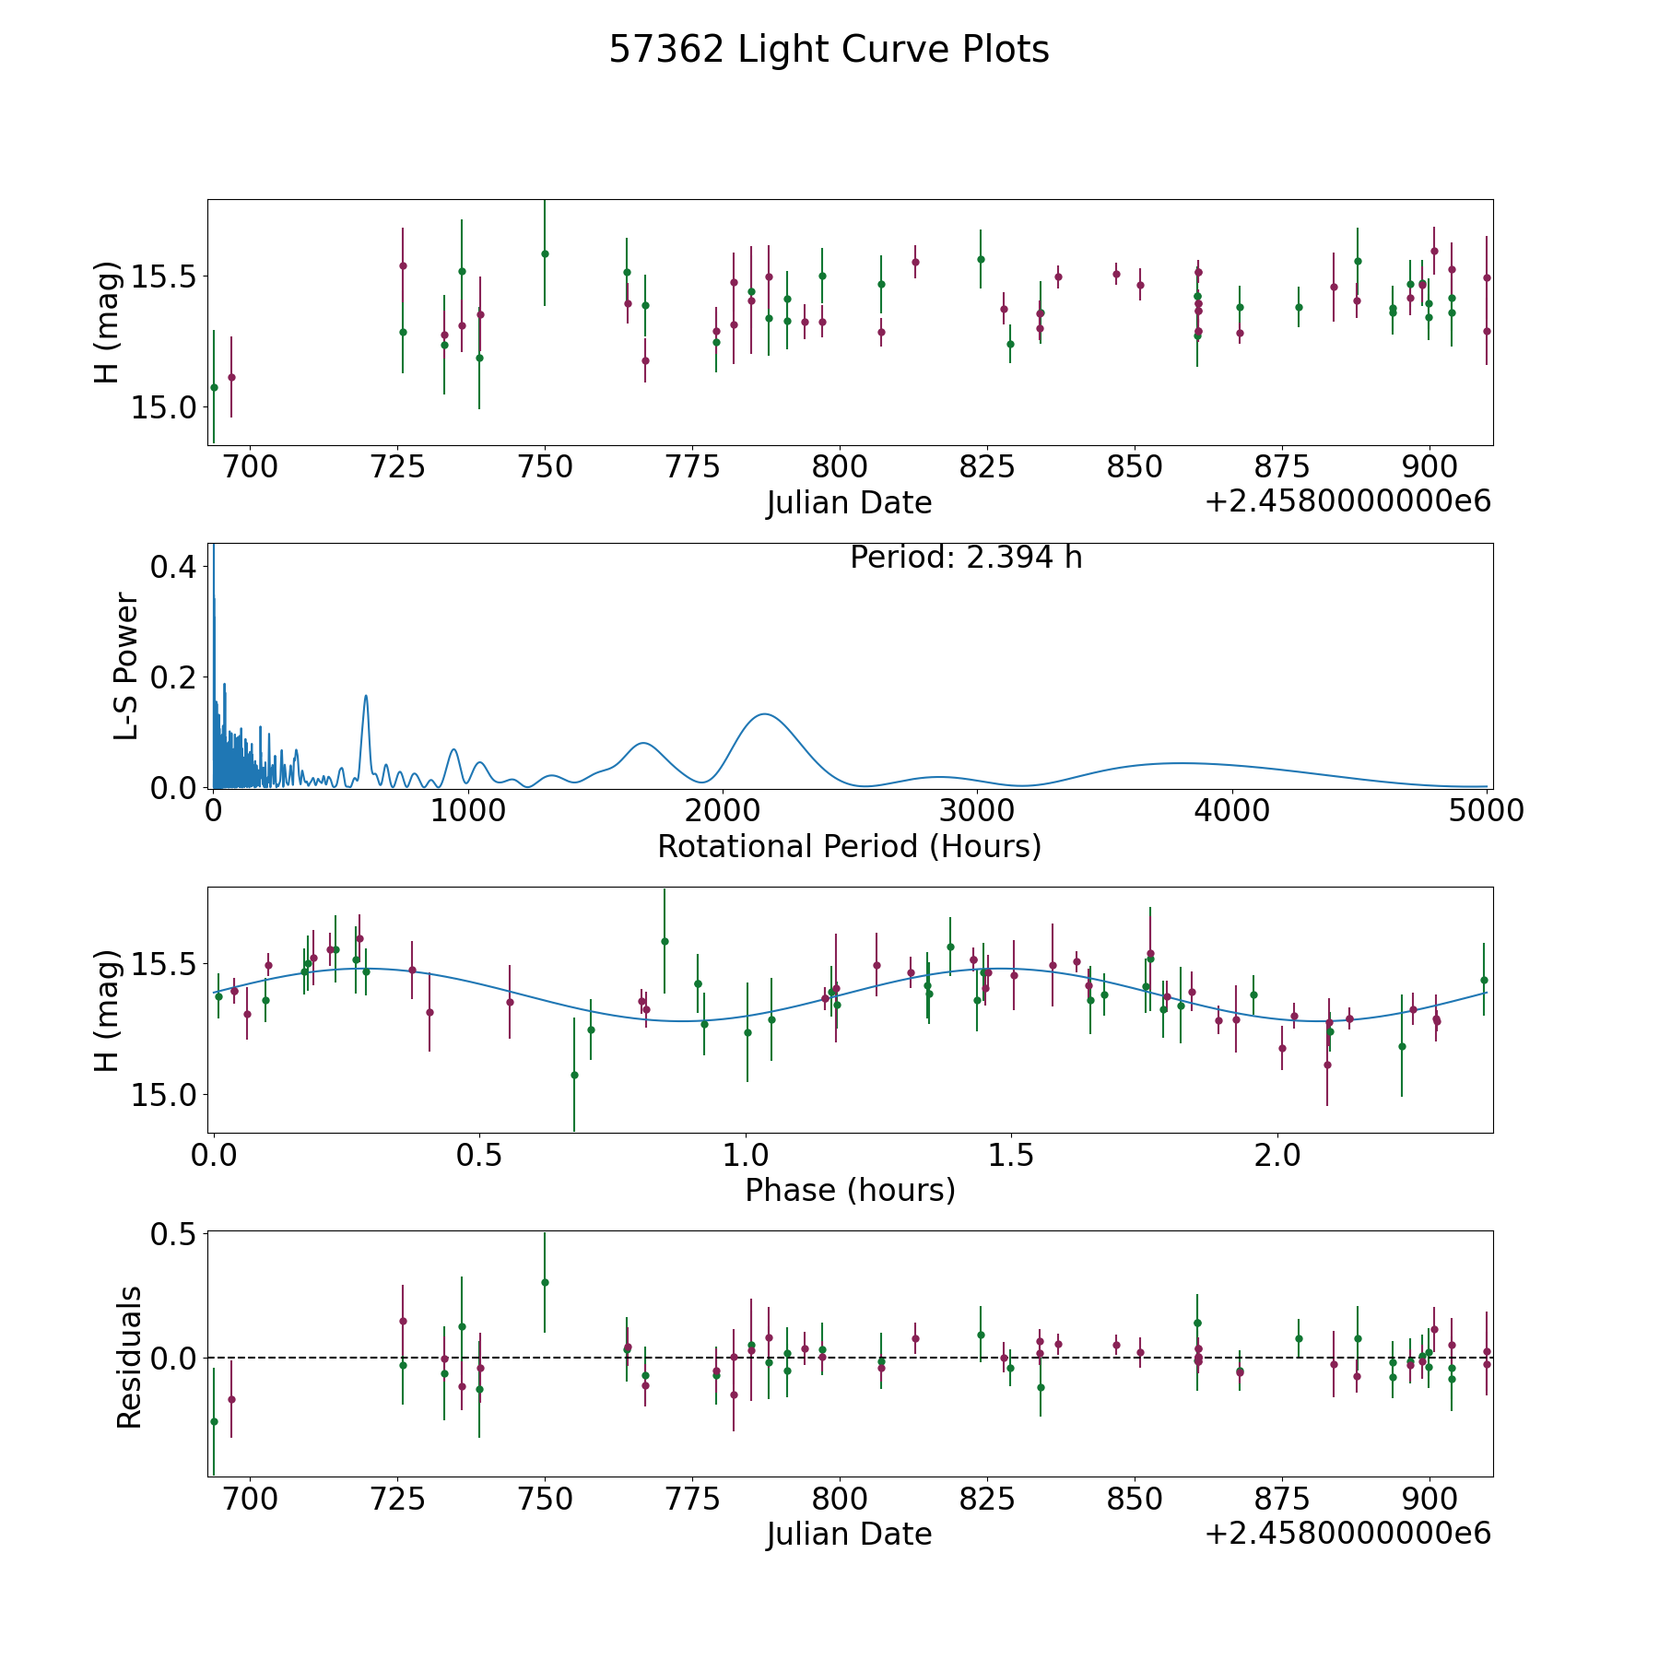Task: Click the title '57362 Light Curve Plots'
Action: tap(829, 50)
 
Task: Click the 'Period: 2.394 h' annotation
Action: tap(966, 558)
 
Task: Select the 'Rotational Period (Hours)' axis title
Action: tap(849, 846)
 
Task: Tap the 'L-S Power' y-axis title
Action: tap(126, 666)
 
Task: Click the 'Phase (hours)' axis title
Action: tap(850, 1190)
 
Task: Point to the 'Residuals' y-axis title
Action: tap(129, 1357)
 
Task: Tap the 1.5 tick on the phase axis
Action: tap(1011, 1155)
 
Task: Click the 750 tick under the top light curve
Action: tap(545, 467)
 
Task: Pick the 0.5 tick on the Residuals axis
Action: tap(176, 1233)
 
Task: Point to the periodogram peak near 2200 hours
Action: tap(764, 714)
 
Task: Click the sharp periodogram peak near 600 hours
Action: tap(366, 695)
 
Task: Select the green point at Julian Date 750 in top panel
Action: tap(545, 253)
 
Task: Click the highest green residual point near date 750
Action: tap(545, 1282)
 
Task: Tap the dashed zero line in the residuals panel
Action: tap(850, 1358)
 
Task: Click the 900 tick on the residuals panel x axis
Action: tap(1429, 1499)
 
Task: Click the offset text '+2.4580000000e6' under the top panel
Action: tap(1347, 501)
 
